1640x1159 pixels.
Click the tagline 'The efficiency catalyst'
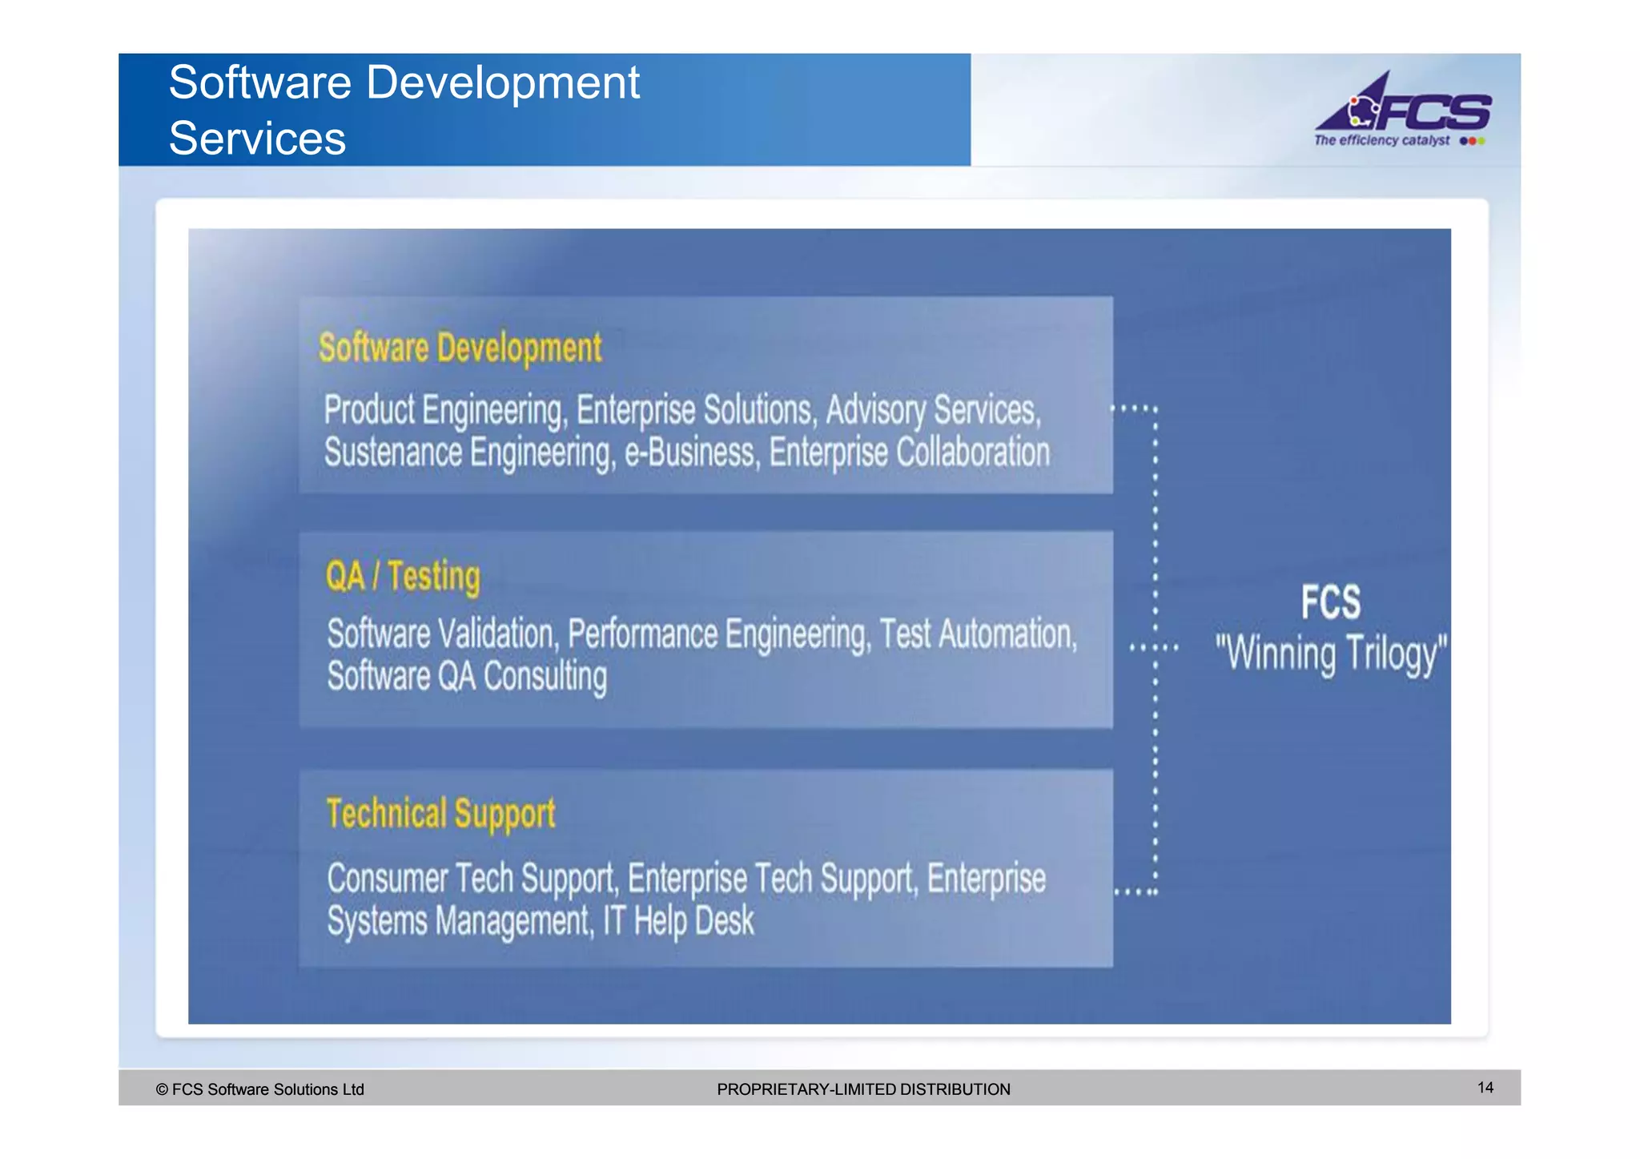tap(1381, 140)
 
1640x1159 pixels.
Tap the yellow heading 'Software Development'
tap(460, 348)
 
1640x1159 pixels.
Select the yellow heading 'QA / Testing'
tap(403, 576)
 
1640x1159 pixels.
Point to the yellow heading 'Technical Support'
tap(440, 814)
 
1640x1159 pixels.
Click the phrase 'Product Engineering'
tap(444, 410)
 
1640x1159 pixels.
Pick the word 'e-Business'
tap(691, 453)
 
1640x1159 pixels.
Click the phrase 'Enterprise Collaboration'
tap(909, 453)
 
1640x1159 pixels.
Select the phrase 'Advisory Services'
tap(932, 410)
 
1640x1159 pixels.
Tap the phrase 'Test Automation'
tap(978, 634)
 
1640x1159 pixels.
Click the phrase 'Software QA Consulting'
tap(467, 677)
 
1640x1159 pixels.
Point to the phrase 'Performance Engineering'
tap(717, 634)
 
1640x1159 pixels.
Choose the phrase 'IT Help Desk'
tap(678, 921)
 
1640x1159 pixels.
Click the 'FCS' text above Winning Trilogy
tap(1330, 602)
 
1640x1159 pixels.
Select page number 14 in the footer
tap(1485, 1087)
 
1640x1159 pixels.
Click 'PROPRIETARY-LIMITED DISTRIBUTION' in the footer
tap(863, 1089)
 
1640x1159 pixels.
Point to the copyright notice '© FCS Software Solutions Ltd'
tap(259, 1089)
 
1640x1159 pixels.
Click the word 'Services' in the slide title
tap(257, 139)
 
